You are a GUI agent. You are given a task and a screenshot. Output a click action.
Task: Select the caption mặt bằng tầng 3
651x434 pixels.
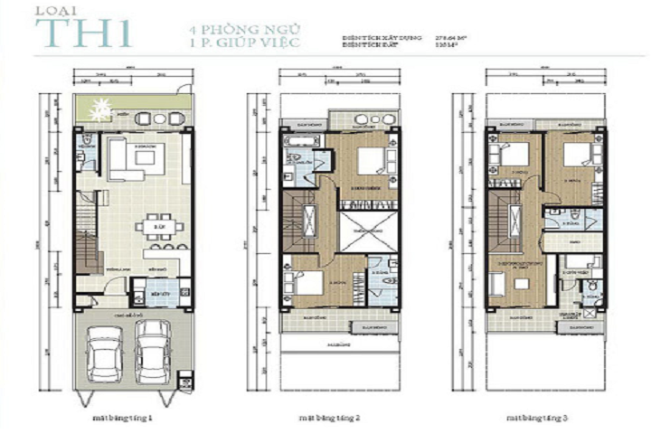coord(536,419)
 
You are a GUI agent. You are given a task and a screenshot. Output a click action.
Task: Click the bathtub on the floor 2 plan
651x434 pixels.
coord(298,140)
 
